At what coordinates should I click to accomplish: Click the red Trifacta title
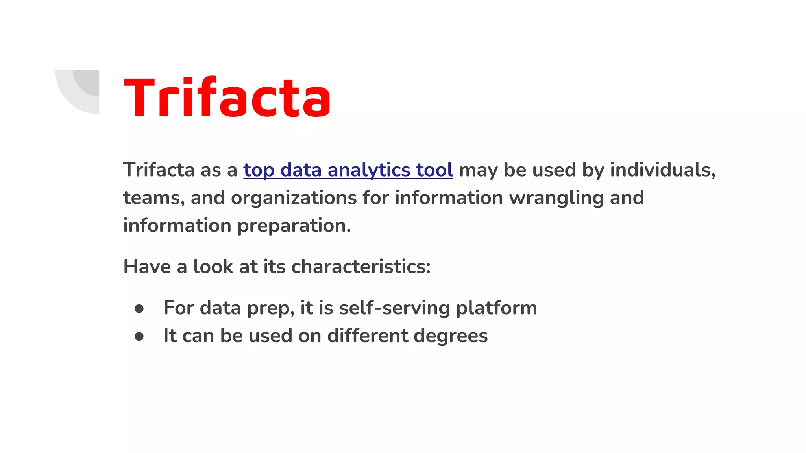(227, 97)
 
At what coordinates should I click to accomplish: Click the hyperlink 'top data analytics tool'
(348, 170)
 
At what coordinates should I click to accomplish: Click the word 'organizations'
(294, 198)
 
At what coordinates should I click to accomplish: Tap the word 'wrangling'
(556, 198)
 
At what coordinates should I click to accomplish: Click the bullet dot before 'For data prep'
(139, 309)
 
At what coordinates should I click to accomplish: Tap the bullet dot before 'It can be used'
(139, 336)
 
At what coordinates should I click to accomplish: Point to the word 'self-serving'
(394, 308)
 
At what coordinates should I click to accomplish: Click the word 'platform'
(496, 308)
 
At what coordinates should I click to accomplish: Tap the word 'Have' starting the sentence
(147, 267)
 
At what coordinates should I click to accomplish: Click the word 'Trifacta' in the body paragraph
(159, 170)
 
